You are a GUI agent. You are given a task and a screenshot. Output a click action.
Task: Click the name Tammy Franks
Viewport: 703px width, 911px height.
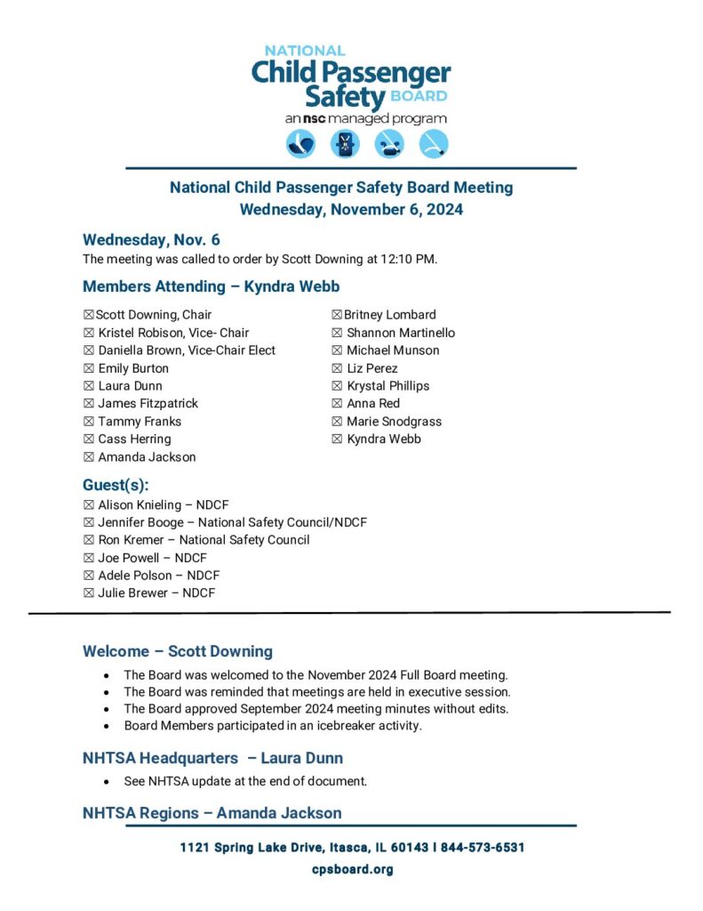pos(140,422)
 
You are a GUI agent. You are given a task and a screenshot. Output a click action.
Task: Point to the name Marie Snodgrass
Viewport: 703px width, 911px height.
pos(394,422)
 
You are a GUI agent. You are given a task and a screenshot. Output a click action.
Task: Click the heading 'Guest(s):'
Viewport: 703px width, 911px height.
pos(116,485)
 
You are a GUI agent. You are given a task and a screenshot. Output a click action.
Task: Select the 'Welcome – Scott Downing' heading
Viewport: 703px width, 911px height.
pos(178,651)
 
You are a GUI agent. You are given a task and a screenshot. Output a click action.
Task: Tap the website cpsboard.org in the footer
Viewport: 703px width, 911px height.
pos(352,869)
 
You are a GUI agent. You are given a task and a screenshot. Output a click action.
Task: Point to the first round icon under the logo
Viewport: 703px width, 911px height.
pos(300,144)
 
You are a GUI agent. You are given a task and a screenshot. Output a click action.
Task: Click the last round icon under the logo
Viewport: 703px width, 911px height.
pos(434,144)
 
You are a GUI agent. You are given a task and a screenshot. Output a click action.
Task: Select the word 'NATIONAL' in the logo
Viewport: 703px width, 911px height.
pos(305,51)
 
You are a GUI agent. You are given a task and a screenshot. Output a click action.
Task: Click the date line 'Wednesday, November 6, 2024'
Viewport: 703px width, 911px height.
pos(351,211)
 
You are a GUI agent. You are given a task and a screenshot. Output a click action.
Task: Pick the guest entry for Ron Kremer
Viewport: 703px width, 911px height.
pos(204,540)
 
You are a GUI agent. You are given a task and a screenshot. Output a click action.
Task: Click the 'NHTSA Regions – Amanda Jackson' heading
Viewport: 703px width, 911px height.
pos(212,813)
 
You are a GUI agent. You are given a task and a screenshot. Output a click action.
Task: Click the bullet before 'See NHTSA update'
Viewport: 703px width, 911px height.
pos(108,782)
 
